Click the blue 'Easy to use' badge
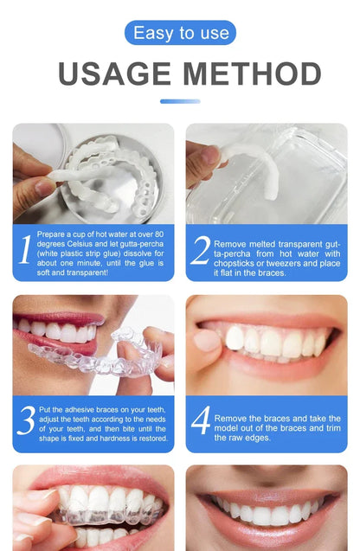pos(180,33)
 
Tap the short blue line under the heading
pos(180,101)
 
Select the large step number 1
pos(26,251)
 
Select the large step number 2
pos(200,251)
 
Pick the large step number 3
pos(26,420)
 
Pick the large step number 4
pos(200,420)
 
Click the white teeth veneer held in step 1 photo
pos(95,173)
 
